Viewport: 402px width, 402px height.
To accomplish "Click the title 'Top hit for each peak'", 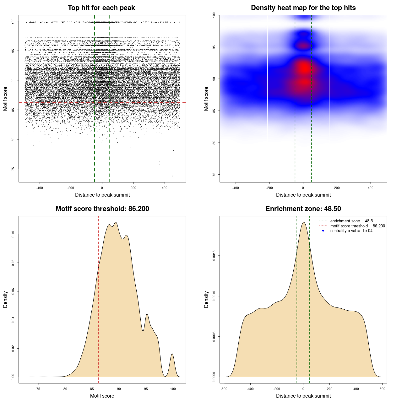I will pos(101,8).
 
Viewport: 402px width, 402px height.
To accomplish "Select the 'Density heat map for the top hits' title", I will pos(303,8).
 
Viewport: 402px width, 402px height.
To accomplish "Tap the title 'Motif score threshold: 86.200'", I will pos(102,209).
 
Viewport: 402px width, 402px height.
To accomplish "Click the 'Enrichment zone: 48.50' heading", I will pos(303,209).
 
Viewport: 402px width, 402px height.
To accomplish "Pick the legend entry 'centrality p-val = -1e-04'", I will pos(351,231).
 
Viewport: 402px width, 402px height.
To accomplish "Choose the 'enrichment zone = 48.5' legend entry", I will pos(351,221).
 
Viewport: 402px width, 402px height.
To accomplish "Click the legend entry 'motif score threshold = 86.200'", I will pos(357,226).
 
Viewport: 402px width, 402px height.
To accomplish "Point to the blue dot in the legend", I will pos(323,231).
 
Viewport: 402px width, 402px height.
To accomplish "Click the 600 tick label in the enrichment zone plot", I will pos(382,389).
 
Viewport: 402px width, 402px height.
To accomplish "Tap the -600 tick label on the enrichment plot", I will pos(224,389).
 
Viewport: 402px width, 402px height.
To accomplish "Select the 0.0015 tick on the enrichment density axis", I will pos(214,256).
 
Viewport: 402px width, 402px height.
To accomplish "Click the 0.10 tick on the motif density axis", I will pos(13,234).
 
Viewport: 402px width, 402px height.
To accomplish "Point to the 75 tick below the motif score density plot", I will pos(38,389).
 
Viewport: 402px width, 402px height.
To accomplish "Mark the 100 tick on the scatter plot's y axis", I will pos(13,21).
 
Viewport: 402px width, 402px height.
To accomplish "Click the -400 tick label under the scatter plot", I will pos(40,188).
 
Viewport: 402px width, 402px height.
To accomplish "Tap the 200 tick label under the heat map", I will pos(337,188).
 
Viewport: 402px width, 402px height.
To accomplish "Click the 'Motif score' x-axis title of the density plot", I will pos(102,396).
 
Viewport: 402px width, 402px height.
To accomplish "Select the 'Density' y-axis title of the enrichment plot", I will pos(206,299).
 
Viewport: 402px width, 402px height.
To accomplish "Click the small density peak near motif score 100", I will pos(172,354).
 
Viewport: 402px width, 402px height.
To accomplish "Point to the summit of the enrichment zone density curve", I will pos(303,222).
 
